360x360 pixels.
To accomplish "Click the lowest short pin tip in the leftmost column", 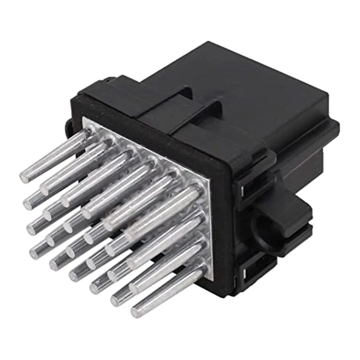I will pos(34,253).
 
